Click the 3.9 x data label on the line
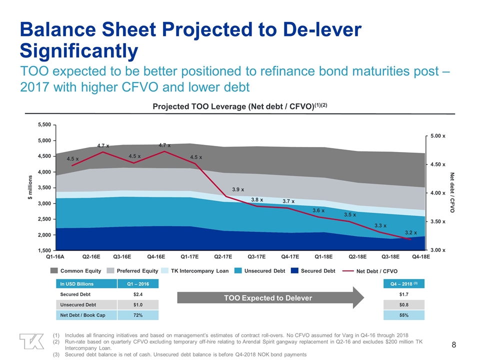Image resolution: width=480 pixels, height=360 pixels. coord(238,189)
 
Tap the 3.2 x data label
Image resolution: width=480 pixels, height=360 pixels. coord(411,232)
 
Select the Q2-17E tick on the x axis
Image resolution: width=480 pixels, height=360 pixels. coord(223,256)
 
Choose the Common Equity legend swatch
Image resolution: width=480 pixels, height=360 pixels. coord(54,270)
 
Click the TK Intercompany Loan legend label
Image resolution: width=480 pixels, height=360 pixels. coord(200,270)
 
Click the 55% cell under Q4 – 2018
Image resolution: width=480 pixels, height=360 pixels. coord(403,315)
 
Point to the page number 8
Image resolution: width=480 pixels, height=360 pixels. coord(453,344)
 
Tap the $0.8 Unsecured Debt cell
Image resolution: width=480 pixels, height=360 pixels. coord(403,304)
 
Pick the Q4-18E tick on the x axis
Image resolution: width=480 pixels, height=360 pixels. coord(421,256)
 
